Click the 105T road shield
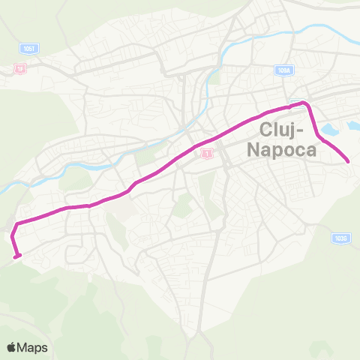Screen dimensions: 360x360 [x=29, y=49]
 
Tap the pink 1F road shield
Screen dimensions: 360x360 [x=19, y=69]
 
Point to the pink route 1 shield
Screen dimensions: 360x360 [x=206, y=153]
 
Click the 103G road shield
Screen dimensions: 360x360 [x=341, y=238]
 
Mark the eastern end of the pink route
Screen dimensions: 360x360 [x=349, y=161]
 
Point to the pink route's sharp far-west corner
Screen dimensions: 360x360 [x=16, y=223]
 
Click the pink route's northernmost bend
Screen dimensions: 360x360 [x=304, y=102]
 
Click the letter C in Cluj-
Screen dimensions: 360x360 [x=264, y=129]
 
